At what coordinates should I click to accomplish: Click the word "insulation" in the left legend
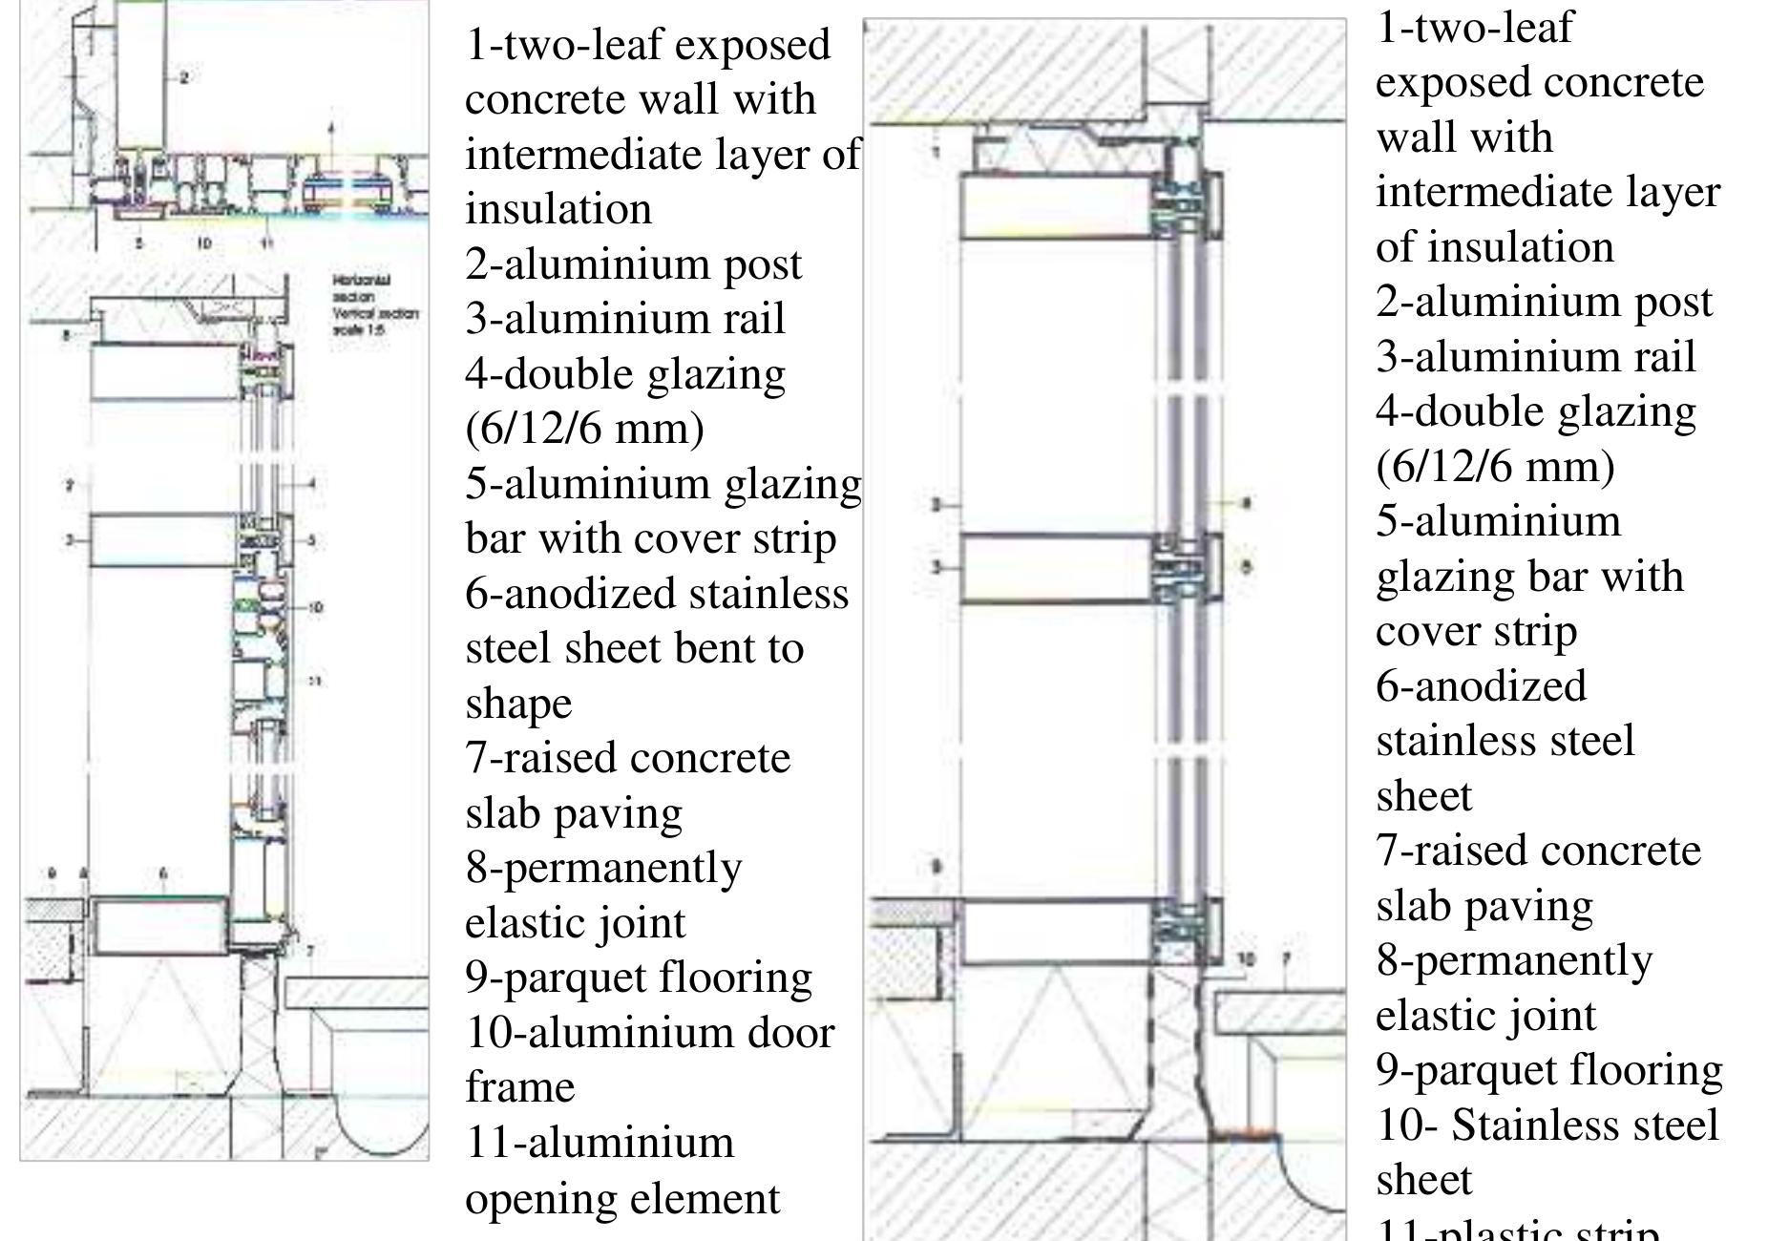click(558, 209)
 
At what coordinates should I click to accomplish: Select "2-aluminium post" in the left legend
click(633, 264)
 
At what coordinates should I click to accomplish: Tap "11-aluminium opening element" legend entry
click(622, 1170)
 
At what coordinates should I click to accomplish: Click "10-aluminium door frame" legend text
click(649, 1060)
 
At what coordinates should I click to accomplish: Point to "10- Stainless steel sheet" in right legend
click(1547, 1152)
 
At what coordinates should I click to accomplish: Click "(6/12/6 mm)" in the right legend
click(1495, 467)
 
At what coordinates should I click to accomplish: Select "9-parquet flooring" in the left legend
click(638, 978)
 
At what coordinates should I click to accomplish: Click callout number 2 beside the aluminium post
click(184, 77)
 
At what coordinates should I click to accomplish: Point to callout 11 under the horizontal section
click(266, 244)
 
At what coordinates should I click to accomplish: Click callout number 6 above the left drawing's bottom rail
click(163, 873)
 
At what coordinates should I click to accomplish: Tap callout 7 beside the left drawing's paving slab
click(309, 951)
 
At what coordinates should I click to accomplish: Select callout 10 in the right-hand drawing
click(1245, 958)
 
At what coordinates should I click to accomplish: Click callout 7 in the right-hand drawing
click(1286, 958)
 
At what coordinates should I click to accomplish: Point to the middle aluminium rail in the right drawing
click(1055, 569)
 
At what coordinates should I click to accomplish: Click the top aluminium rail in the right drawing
click(1055, 205)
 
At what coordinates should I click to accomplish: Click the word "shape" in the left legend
click(518, 704)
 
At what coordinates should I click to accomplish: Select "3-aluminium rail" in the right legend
click(1535, 357)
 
